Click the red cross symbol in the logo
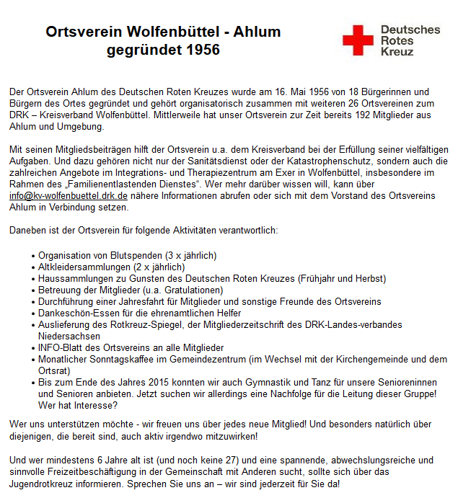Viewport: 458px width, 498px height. point(358,41)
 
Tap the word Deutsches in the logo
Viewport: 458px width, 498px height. point(410,30)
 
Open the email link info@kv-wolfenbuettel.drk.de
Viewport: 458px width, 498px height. point(68,196)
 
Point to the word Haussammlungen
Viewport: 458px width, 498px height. point(74,279)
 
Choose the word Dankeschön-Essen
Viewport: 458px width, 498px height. point(76,314)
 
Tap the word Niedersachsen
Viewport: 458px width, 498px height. point(69,337)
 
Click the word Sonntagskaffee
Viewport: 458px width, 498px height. point(118,360)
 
